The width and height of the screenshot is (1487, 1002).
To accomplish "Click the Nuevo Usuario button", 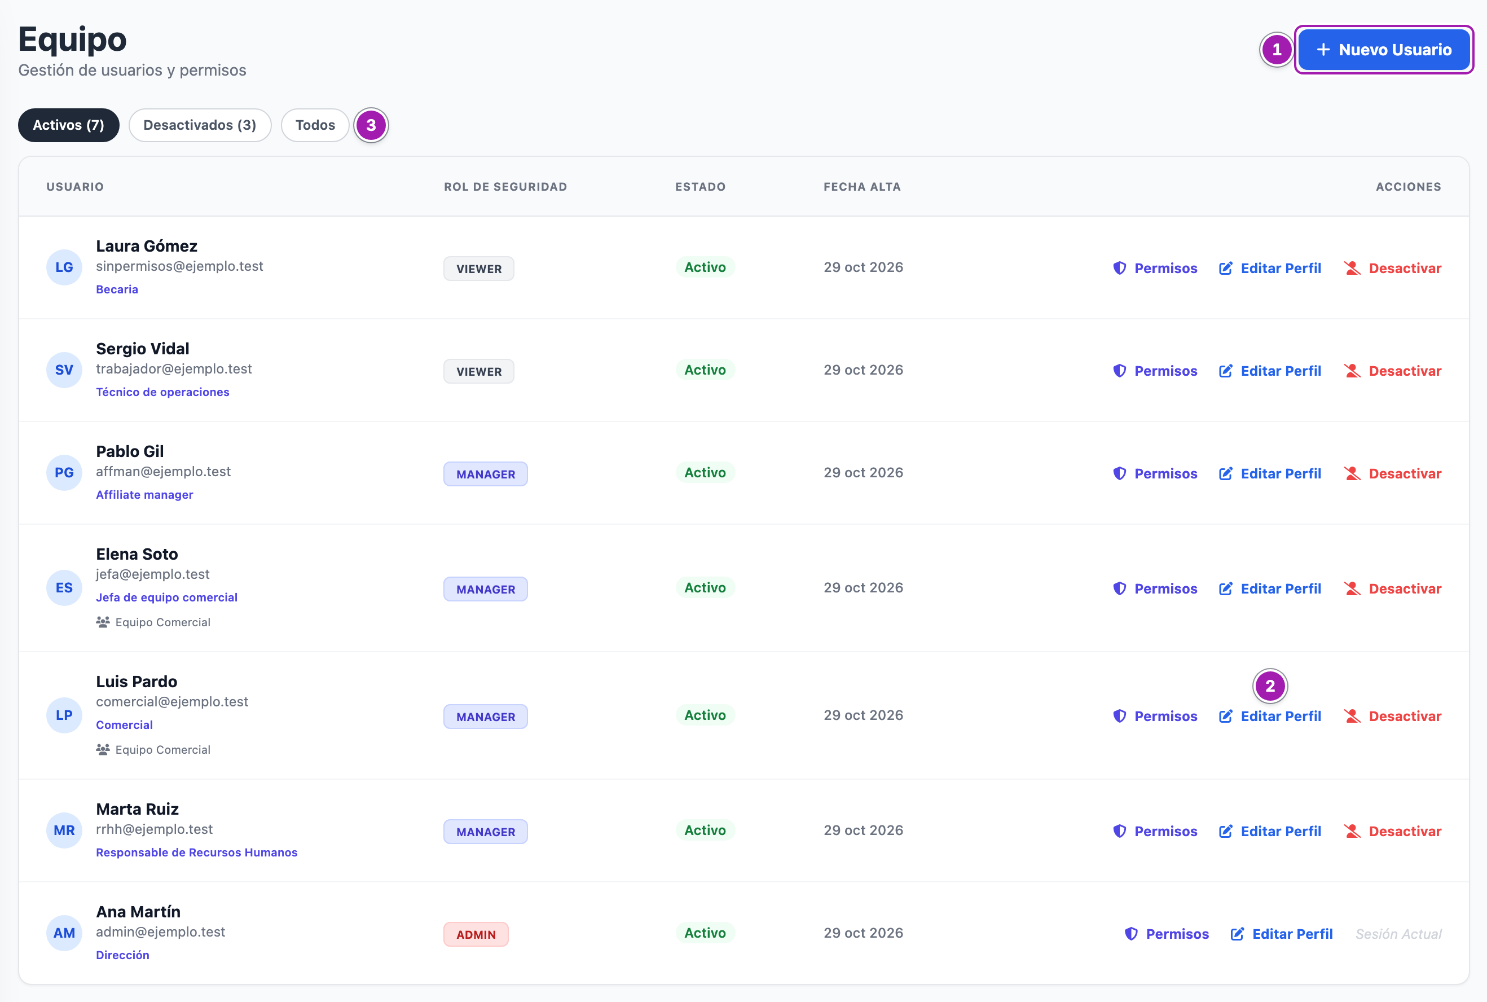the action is [1384, 50].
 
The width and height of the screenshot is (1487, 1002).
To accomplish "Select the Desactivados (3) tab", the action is [200, 125].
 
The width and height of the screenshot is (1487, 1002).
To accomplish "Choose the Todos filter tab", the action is [315, 125].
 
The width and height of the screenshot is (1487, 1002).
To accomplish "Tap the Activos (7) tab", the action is [68, 125].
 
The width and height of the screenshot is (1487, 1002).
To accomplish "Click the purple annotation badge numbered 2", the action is [1270, 685].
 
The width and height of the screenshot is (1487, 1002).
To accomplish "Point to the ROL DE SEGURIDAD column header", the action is [505, 187].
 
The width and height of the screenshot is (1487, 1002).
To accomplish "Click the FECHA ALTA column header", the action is [861, 187].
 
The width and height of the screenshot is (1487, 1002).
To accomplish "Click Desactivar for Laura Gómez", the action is [1392, 269].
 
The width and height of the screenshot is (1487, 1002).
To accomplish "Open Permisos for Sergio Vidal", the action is [1155, 371].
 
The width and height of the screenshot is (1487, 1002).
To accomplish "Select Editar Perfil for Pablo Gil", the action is [1270, 474].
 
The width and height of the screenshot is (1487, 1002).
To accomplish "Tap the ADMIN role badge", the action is [476, 934].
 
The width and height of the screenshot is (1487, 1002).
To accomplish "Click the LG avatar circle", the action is [64, 268].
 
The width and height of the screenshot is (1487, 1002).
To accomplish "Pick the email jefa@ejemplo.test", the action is [153, 574].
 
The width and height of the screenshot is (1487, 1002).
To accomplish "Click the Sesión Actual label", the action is [1398, 934].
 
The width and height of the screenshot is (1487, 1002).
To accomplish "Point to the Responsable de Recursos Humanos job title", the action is [197, 852].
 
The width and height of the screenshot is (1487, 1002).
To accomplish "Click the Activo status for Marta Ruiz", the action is [705, 830].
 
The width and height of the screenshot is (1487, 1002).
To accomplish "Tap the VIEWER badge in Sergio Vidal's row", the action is [479, 371].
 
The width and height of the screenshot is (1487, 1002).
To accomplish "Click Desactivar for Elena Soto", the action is [1392, 589].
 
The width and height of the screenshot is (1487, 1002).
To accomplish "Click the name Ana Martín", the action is [138, 912].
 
